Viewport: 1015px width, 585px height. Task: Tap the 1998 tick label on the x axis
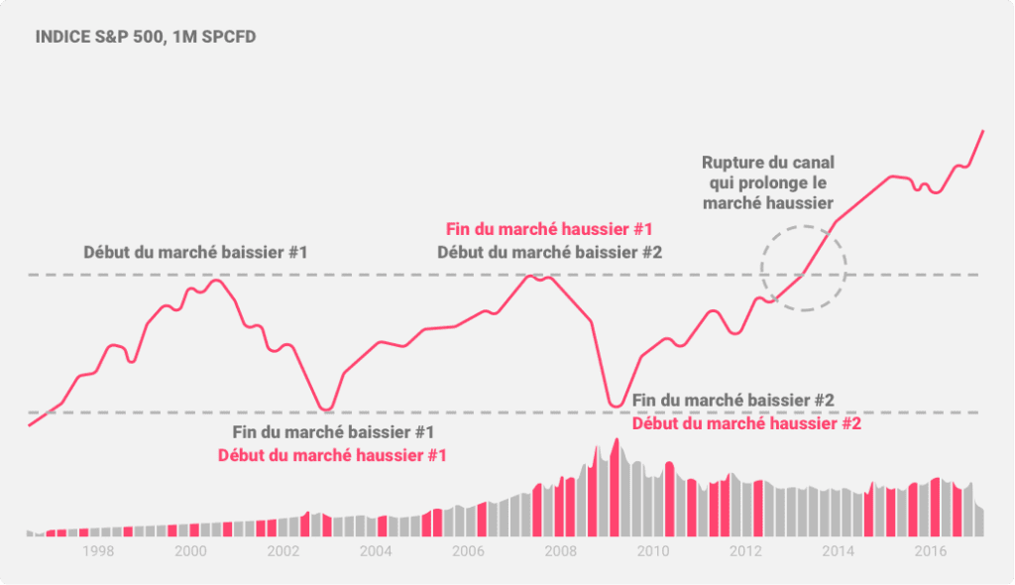coord(98,551)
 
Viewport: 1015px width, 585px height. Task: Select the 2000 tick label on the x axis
coord(190,551)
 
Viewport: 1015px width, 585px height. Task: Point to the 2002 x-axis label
coord(282,551)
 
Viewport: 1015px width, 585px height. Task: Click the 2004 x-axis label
coord(375,551)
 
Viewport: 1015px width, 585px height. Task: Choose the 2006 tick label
coord(467,551)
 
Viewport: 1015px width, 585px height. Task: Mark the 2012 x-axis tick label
coord(744,551)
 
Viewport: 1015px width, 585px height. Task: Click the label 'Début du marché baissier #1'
coord(195,252)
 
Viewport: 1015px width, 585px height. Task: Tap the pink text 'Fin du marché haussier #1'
coord(549,229)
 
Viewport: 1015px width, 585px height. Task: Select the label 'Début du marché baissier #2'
coord(549,252)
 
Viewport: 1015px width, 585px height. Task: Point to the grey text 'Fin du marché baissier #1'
coord(333,432)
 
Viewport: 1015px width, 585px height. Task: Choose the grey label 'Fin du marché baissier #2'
coord(733,401)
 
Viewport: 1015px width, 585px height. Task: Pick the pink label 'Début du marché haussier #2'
coord(746,423)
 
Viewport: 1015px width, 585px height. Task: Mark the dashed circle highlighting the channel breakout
coord(803,269)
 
